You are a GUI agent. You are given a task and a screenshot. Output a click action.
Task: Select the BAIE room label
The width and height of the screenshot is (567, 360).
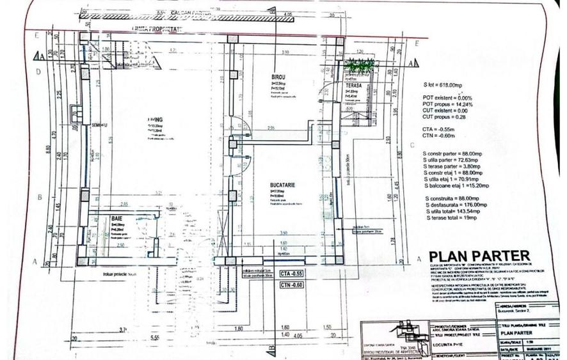116,219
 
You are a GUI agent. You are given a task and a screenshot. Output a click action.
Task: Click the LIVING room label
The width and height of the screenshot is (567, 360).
154,120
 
